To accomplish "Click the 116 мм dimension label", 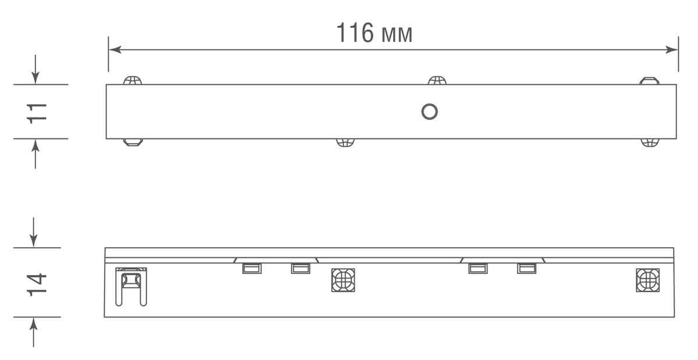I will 375,34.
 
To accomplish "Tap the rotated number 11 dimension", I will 37,112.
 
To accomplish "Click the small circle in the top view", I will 429,112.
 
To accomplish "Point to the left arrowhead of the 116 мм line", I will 114,50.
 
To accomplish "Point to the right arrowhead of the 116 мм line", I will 673,50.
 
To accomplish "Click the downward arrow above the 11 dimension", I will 36,78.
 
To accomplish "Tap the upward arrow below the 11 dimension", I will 36,145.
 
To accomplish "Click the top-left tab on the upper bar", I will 133,80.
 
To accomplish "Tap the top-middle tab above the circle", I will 437,80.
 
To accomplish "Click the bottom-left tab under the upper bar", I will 133,142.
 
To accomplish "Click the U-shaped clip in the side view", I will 131,285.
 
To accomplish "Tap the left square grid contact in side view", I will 343,280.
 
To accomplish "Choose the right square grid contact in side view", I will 647,280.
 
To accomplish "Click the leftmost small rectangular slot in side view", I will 252,268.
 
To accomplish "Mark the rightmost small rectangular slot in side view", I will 526,268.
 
